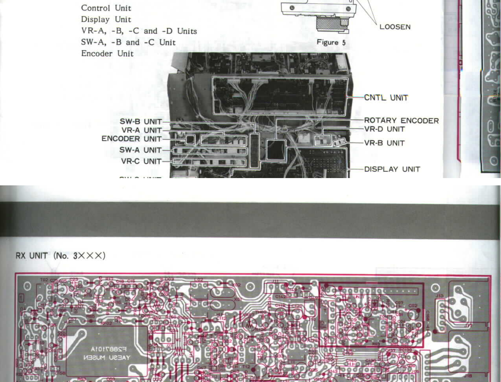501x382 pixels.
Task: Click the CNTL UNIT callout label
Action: [x=386, y=98]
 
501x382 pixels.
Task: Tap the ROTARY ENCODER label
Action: [x=401, y=121]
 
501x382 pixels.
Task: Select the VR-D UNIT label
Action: [x=384, y=129]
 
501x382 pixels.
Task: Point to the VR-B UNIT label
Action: [x=384, y=143]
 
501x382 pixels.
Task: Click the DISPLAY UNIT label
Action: [x=392, y=169]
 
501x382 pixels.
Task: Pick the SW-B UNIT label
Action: [x=141, y=122]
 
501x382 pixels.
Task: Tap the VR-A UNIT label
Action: [x=141, y=130]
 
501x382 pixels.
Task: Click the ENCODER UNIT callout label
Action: [x=132, y=139]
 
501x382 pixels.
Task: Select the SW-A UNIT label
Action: [x=140, y=150]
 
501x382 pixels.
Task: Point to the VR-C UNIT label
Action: [x=141, y=161]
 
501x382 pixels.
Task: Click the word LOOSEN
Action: [x=395, y=27]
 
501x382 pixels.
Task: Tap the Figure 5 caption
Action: [x=331, y=42]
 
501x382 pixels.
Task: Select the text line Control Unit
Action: [x=106, y=8]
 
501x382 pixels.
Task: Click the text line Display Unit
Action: [x=106, y=20]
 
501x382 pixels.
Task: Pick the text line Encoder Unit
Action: [x=107, y=54]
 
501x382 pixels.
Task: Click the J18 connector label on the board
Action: [x=468, y=376]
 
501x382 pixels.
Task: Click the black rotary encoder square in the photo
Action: [x=276, y=150]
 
